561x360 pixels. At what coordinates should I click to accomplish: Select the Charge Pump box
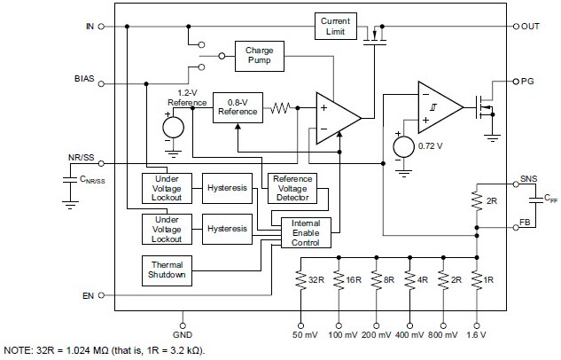click(x=258, y=57)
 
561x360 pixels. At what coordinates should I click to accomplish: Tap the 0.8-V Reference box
click(x=237, y=106)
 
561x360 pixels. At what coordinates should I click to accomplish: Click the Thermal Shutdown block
click(x=168, y=270)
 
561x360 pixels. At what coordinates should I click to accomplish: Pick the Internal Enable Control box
click(x=305, y=233)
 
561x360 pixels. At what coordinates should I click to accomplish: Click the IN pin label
click(x=89, y=27)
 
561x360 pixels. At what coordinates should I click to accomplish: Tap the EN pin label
click(x=87, y=295)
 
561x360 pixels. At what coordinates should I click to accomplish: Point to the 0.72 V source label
click(x=430, y=144)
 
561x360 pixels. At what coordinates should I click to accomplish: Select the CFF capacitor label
click(x=526, y=200)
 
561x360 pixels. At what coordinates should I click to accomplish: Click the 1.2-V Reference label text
click(x=187, y=98)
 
